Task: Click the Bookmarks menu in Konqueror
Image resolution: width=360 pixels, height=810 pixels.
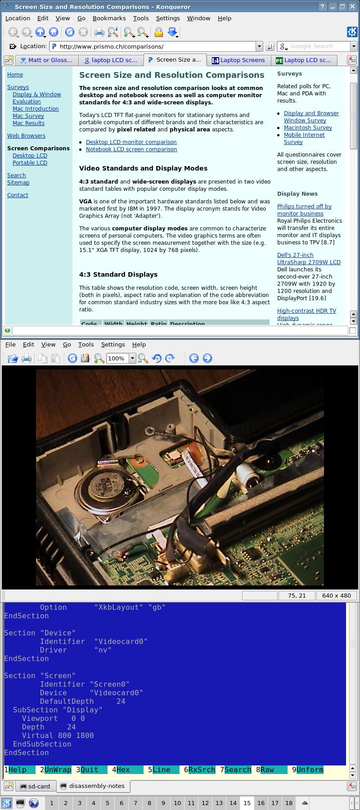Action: click(109, 18)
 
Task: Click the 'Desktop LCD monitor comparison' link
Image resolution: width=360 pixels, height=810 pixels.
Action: click(131, 142)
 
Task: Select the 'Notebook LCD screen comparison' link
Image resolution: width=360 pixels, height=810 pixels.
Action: click(131, 149)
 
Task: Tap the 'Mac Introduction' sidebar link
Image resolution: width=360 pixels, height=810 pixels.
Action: click(36, 109)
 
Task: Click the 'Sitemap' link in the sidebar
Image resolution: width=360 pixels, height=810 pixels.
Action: click(18, 183)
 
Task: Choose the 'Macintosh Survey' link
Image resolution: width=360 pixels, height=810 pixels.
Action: click(308, 128)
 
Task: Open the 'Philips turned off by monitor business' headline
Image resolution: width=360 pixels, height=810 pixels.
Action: click(304, 210)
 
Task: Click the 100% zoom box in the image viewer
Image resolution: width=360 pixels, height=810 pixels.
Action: click(117, 358)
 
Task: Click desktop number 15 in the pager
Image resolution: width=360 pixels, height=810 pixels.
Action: click(247, 803)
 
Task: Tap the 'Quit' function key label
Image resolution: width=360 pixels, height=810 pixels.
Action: click(89, 770)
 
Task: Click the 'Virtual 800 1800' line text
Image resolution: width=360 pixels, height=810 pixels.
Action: click(58, 736)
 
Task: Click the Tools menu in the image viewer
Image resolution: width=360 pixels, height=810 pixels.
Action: click(86, 344)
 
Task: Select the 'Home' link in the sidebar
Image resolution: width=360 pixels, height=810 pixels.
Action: click(15, 75)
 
